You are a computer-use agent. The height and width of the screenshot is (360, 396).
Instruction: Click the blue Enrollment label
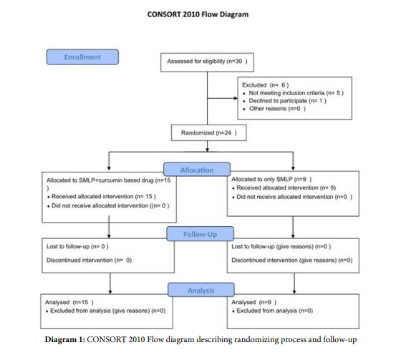(82, 57)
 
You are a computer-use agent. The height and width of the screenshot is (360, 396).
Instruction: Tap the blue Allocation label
(197, 170)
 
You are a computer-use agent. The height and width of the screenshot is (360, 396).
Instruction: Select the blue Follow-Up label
(200, 234)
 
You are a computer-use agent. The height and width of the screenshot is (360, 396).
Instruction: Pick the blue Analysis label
(201, 290)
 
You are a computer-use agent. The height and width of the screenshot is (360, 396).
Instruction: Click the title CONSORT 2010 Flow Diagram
(198, 14)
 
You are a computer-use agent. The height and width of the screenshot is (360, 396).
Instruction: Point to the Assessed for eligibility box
(208, 62)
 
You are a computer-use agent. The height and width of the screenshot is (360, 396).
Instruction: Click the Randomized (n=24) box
(209, 132)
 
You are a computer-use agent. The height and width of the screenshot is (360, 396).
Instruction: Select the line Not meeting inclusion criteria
(296, 93)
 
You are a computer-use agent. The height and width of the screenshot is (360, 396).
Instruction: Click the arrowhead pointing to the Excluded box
(236, 98)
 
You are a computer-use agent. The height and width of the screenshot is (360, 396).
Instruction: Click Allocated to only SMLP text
(271, 179)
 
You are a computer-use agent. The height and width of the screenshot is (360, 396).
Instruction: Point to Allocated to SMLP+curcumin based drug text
(109, 184)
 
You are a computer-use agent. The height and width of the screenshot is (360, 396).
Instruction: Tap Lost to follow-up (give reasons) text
(281, 246)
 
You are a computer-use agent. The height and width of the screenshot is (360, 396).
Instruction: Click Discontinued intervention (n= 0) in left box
(89, 260)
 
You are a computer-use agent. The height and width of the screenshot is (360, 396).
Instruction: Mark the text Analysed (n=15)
(69, 302)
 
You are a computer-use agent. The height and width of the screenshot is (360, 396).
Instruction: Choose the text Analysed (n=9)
(253, 302)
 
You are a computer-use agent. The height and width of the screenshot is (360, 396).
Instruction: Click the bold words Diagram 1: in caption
(65, 339)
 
